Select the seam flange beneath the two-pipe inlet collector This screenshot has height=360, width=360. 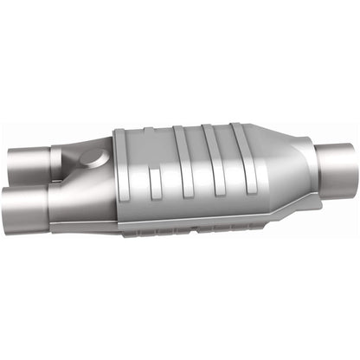click(87, 224)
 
